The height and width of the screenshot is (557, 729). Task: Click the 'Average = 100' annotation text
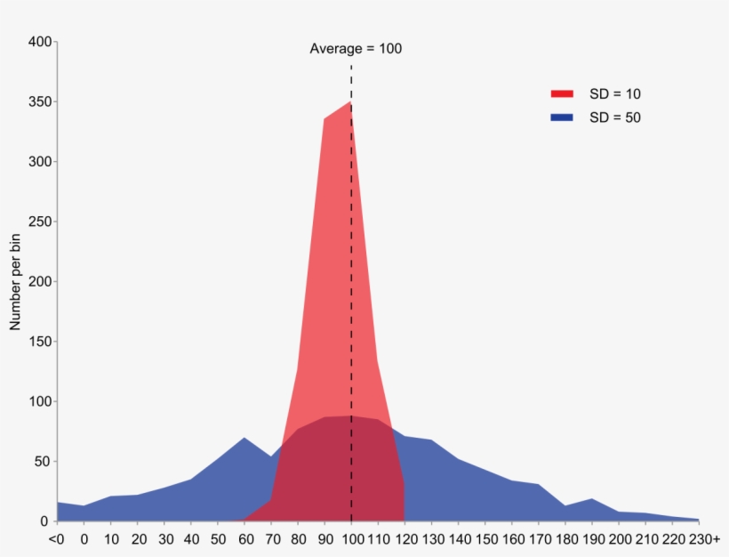tap(356, 49)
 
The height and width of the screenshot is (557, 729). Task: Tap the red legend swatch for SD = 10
tap(562, 94)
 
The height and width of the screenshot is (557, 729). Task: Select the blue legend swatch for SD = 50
tap(562, 117)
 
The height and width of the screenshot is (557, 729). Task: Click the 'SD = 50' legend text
tap(615, 117)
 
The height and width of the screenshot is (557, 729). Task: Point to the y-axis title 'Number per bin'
tap(15, 282)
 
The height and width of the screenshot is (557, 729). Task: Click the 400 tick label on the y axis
tap(40, 42)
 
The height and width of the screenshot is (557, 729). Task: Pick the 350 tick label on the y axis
tap(40, 102)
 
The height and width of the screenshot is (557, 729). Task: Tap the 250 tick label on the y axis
tap(40, 222)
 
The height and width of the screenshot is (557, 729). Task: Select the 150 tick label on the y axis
tap(40, 342)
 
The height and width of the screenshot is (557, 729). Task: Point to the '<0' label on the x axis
tap(56, 539)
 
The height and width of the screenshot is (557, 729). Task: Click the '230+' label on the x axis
tap(704, 539)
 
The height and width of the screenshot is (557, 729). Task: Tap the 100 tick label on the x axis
tap(352, 539)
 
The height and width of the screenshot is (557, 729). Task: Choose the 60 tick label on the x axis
tap(246, 539)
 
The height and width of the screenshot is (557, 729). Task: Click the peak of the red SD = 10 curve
tap(350, 101)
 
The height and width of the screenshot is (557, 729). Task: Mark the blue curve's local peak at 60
tap(244, 438)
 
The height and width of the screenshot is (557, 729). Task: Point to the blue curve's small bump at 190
tap(591, 499)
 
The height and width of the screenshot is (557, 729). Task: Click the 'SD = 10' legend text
tap(615, 94)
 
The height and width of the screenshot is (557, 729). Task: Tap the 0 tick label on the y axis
tap(44, 521)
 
